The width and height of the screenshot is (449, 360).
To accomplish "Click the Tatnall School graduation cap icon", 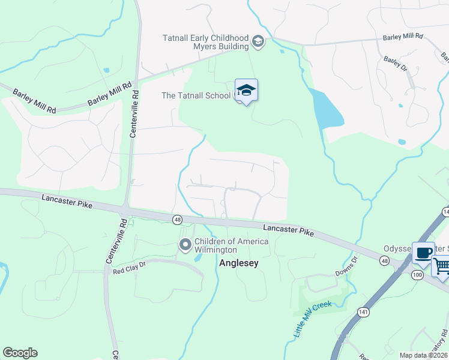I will pyautogui.click(x=246, y=91).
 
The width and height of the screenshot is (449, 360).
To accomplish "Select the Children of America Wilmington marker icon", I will pyautogui.click(x=185, y=244).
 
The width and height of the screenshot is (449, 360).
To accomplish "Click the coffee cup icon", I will pyautogui.click(x=423, y=252).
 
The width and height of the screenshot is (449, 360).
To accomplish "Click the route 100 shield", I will pyautogui.click(x=417, y=274).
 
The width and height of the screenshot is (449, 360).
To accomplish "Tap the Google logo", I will pyautogui.click(x=20, y=353).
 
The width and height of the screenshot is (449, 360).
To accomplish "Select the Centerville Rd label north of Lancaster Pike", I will pyautogui.click(x=134, y=114).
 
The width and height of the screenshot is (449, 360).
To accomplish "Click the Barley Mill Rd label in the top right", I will pyautogui.click(x=403, y=37).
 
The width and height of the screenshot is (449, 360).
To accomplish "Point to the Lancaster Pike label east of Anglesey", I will pyautogui.click(x=289, y=229).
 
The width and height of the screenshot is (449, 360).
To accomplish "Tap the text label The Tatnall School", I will pyautogui.click(x=196, y=95).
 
